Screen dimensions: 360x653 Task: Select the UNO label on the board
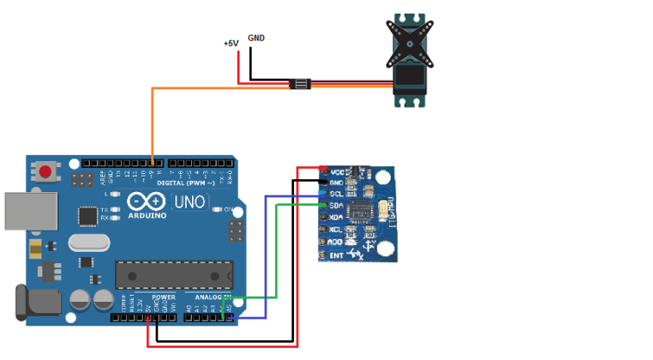[x=189, y=202]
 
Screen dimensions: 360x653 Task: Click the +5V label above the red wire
[x=231, y=43]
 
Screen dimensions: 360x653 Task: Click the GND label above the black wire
[x=256, y=38]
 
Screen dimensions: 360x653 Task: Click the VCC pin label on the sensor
[x=337, y=171]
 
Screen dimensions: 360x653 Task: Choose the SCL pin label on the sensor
[x=337, y=194]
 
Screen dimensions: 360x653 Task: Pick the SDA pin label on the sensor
[x=337, y=206]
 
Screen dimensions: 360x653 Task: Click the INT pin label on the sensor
[x=337, y=255]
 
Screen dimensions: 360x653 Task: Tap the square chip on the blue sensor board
[x=367, y=211]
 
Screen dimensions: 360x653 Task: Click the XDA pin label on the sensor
[x=337, y=218]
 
